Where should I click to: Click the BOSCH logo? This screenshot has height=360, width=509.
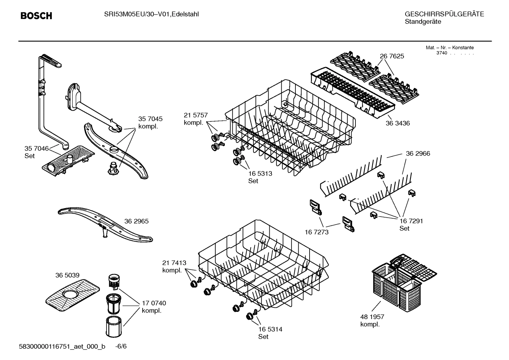[36, 16]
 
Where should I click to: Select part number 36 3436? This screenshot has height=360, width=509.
[397, 123]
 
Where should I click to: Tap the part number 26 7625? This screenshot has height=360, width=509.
[392, 56]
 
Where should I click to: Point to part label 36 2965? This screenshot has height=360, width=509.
[136, 222]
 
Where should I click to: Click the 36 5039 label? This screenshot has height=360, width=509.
[67, 275]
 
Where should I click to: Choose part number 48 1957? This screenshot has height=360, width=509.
[372, 317]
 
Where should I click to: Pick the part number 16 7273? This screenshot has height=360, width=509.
[317, 232]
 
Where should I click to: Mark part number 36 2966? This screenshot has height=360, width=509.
[418, 154]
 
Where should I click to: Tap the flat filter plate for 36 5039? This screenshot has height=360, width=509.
[72, 291]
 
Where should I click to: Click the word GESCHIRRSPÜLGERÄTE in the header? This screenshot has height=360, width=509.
[444, 14]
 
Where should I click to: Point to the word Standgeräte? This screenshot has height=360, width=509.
[423, 22]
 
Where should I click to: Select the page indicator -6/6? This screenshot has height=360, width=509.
[121, 346]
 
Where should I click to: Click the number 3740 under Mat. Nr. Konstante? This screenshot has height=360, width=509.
[442, 53]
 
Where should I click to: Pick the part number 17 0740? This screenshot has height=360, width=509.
[154, 303]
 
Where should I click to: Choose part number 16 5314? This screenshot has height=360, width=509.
[270, 329]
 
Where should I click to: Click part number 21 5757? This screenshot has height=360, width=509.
[196, 115]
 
